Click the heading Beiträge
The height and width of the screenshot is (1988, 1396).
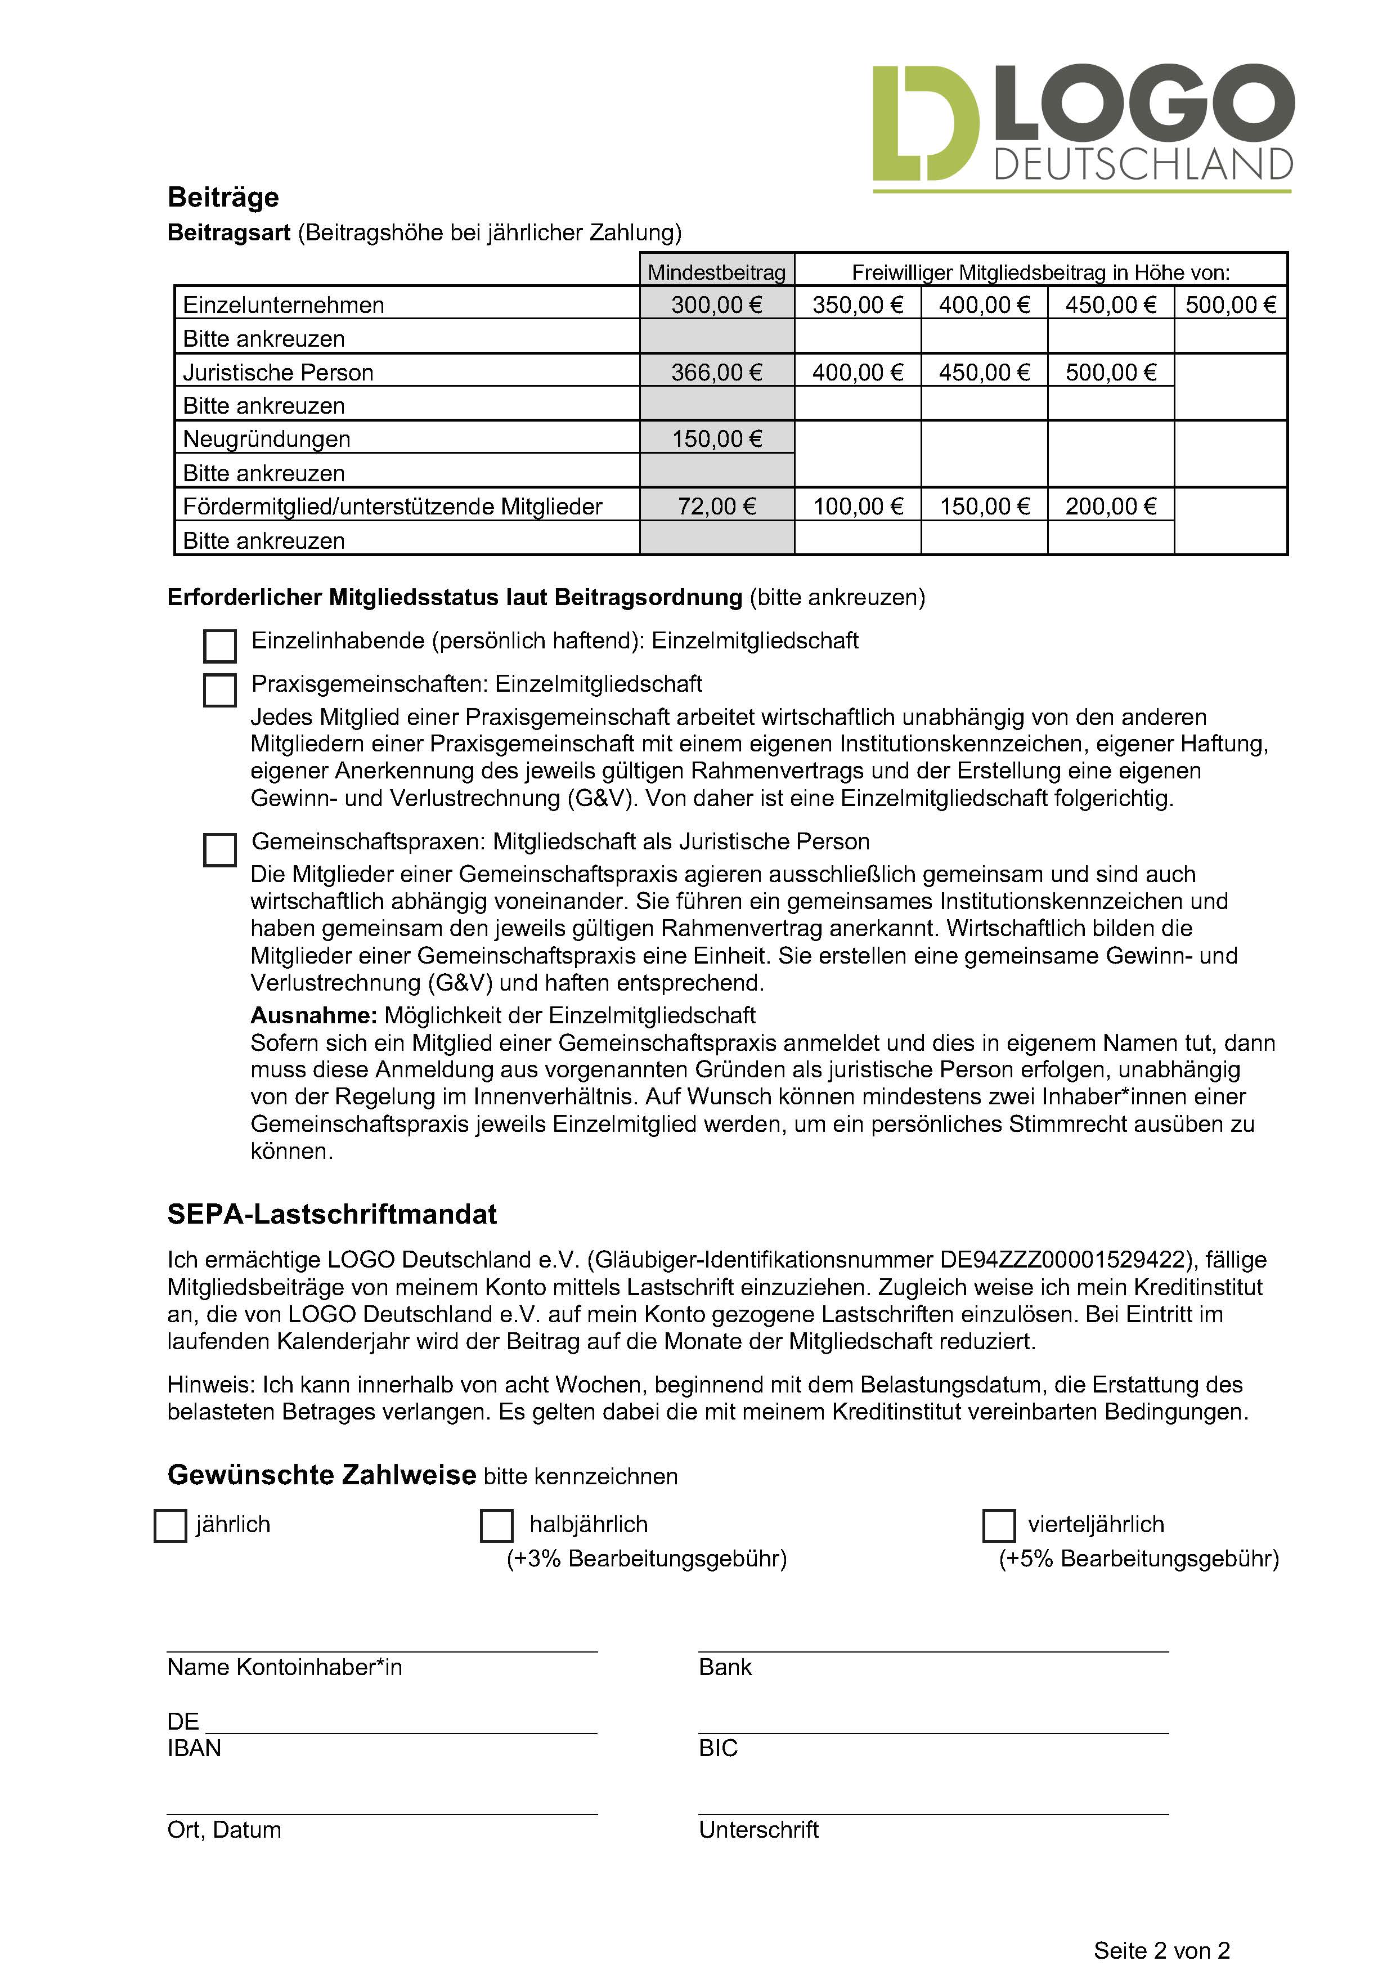(223, 198)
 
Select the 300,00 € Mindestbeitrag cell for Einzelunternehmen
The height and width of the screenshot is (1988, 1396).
(717, 305)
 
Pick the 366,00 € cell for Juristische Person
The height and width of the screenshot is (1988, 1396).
(717, 372)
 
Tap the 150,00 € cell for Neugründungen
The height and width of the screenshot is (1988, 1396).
(717, 439)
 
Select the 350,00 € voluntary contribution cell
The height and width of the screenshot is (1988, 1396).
(857, 305)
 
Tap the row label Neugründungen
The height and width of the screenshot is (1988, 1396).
(267, 439)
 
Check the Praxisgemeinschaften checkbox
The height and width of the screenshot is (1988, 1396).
(220, 690)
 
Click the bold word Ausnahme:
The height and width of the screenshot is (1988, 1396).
(313, 1015)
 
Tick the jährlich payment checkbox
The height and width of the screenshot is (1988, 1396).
(170, 1526)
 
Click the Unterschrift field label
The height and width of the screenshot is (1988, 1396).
(758, 1829)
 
